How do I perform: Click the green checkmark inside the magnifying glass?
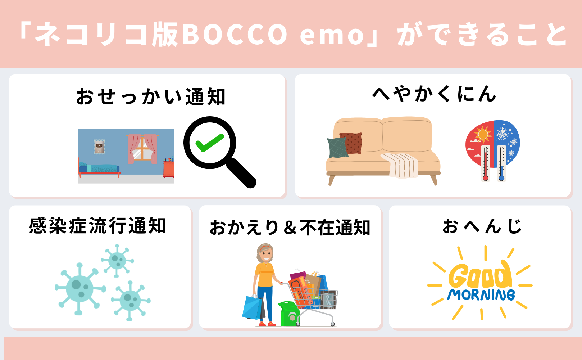click(210, 143)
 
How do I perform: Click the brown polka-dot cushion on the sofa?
click(351, 143)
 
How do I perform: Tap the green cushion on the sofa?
click(337, 148)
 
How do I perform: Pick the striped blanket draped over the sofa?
click(400, 165)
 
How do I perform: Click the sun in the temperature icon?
click(483, 135)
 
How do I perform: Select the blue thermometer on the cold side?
click(501, 163)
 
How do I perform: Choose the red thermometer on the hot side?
click(485, 163)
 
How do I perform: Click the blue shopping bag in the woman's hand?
click(253, 307)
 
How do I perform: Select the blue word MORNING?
click(481, 295)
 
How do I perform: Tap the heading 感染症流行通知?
click(97, 226)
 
